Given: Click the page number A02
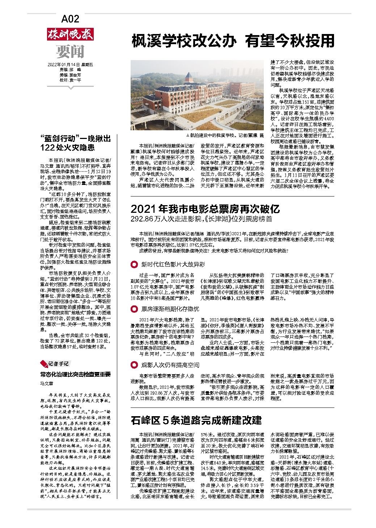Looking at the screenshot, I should click(x=70, y=18).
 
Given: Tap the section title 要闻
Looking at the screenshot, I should click(x=70, y=52).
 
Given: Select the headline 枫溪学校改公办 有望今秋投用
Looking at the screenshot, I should click(x=232, y=41).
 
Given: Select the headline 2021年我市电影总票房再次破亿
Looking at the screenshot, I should click(x=205, y=209).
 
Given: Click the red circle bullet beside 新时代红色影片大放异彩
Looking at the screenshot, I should click(x=134, y=265).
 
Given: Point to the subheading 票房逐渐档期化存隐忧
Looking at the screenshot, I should click(x=170, y=309).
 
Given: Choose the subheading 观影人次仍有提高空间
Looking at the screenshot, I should click(x=170, y=365).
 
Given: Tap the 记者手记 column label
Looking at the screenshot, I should click(x=59, y=364).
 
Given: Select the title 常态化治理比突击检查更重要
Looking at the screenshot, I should click(x=75, y=375).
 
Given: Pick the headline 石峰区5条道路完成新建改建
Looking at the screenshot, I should click(x=196, y=421).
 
